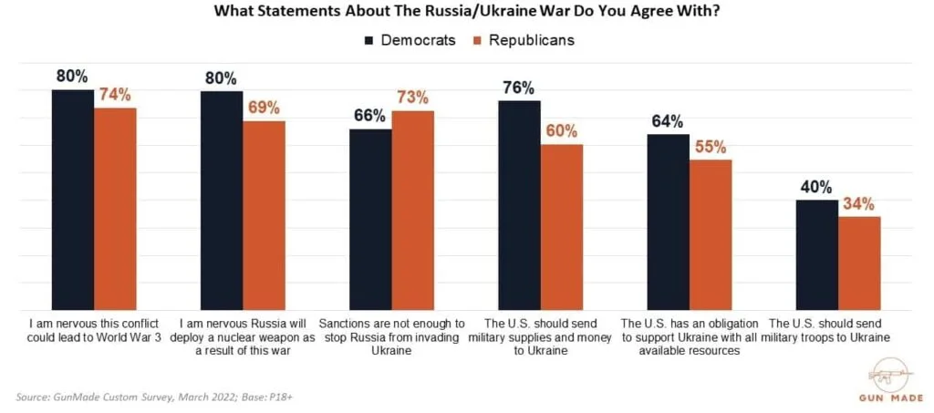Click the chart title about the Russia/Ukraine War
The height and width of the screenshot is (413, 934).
pos(466,13)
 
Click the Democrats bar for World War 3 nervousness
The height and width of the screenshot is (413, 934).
pos(72,200)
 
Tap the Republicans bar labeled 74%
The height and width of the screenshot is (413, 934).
pos(115,209)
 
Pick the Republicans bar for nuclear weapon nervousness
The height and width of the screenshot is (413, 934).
pos(264,215)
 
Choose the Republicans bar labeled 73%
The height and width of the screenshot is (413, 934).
pos(412,211)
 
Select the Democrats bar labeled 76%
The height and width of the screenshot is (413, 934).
pos(519,205)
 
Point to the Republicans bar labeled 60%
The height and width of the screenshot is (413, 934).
pos(562,227)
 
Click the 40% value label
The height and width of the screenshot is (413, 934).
pos(816,187)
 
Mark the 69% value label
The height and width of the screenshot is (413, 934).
pos(264,108)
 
